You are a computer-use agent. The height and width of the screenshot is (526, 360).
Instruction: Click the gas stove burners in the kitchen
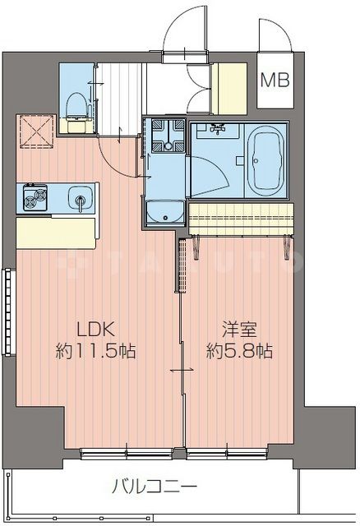[35, 198]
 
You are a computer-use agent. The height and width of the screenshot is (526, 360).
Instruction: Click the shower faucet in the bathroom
[218, 129]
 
